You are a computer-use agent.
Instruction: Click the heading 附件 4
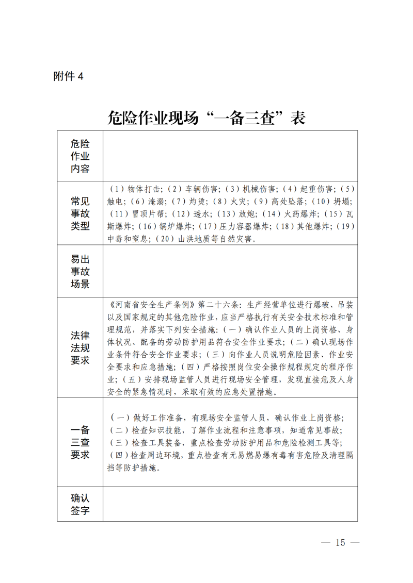click(x=68, y=76)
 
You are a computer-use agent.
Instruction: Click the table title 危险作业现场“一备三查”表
click(x=206, y=118)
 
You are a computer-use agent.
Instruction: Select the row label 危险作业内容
click(x=80, y=156)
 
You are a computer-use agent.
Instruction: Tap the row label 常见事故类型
click(x=80, y=213)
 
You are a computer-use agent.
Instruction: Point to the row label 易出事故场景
click(x=80, y=271)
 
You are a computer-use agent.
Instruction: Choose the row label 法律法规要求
click(x=80, y=347)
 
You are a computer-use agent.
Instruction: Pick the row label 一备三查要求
click(x=80, y=442)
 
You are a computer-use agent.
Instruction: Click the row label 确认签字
click(x=80, y=504)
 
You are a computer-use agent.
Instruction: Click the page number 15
click(x=340, y=542)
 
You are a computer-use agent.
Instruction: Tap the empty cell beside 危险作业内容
click(x=230, y=156)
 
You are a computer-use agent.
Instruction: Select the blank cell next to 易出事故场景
click(x=230, y=271)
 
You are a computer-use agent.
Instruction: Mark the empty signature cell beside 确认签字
click(x=230, y=504)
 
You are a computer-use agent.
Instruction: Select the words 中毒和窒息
click(x=129, y=239)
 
